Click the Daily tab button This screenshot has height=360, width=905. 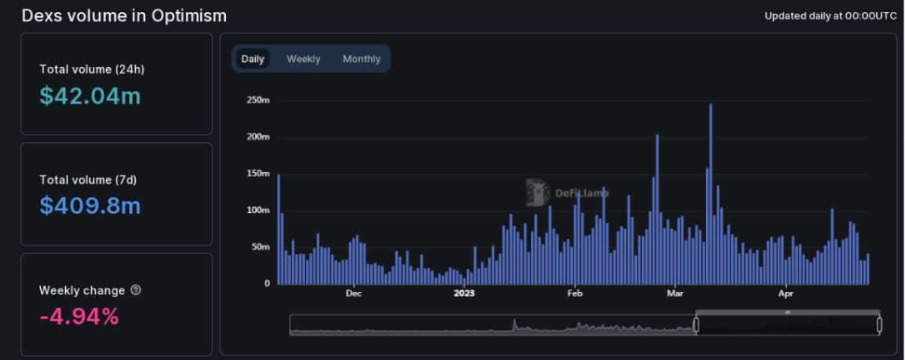tap(252, 59)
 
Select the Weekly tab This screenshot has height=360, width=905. tap(303, 59)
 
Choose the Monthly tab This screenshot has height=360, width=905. tap(362, 59)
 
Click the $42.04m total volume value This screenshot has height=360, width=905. tap(90, 96)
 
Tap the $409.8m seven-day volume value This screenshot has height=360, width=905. tap(90, 206)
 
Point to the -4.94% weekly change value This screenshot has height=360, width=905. tap(79, 316)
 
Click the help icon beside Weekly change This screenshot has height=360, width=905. tap(136, 290)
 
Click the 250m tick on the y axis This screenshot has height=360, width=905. tap(258, 100)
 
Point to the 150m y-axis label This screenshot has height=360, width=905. tap(258, 174)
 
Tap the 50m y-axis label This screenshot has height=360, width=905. tap(260, 247)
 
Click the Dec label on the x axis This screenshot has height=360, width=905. tap(353, 294)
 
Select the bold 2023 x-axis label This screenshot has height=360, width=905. tap(464, 294)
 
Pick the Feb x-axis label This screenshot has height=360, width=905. tap(574, 294)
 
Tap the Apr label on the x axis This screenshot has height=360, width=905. tap(786, 294)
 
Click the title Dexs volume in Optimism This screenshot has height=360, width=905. tap(124, 16)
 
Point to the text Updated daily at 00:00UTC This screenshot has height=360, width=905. tap(831, 16)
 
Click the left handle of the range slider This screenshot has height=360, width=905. tap(696, 325)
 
